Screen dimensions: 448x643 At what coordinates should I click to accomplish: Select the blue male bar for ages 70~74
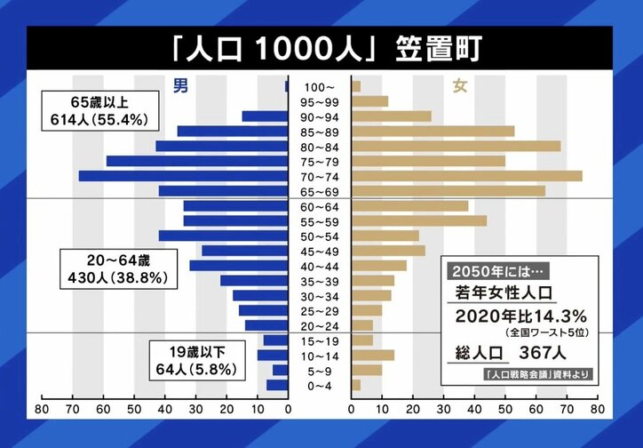click(184, 176)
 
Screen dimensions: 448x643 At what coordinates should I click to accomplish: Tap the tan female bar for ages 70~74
click(466, 176)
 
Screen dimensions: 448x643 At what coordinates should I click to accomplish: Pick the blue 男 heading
click(180, 86)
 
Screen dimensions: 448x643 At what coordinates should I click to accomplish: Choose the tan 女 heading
click(461, 86)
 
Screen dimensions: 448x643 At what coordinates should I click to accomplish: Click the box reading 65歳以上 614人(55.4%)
click(98, 108)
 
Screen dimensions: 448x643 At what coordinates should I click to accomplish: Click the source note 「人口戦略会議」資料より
click(539, 373)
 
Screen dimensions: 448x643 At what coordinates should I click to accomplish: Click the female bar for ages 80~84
click(456, 146)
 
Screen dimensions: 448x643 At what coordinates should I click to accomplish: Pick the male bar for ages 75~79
click(197, 161)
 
